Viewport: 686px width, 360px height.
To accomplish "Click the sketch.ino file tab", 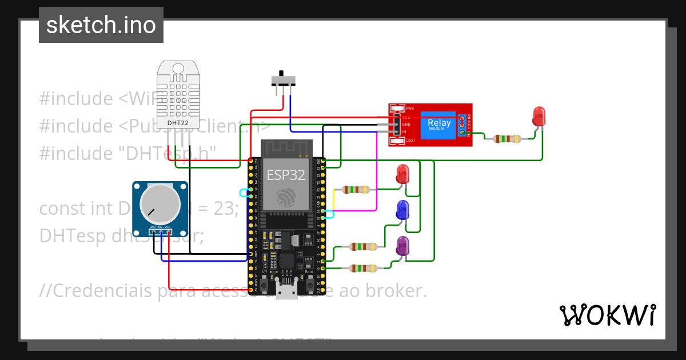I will pos(101,25).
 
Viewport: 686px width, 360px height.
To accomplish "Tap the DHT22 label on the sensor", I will pos(178,122).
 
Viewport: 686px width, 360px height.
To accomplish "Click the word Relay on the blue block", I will pos(439,123).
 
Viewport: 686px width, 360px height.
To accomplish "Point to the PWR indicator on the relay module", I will pos(397,109).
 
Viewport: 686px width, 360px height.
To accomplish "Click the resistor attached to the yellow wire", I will pos(356,190).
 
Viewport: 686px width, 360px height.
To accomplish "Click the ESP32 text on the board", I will pos(286,175).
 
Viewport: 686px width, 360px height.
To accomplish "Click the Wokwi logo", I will pos(607,315).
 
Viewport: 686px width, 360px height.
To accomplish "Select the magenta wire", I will pos(376,171).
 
